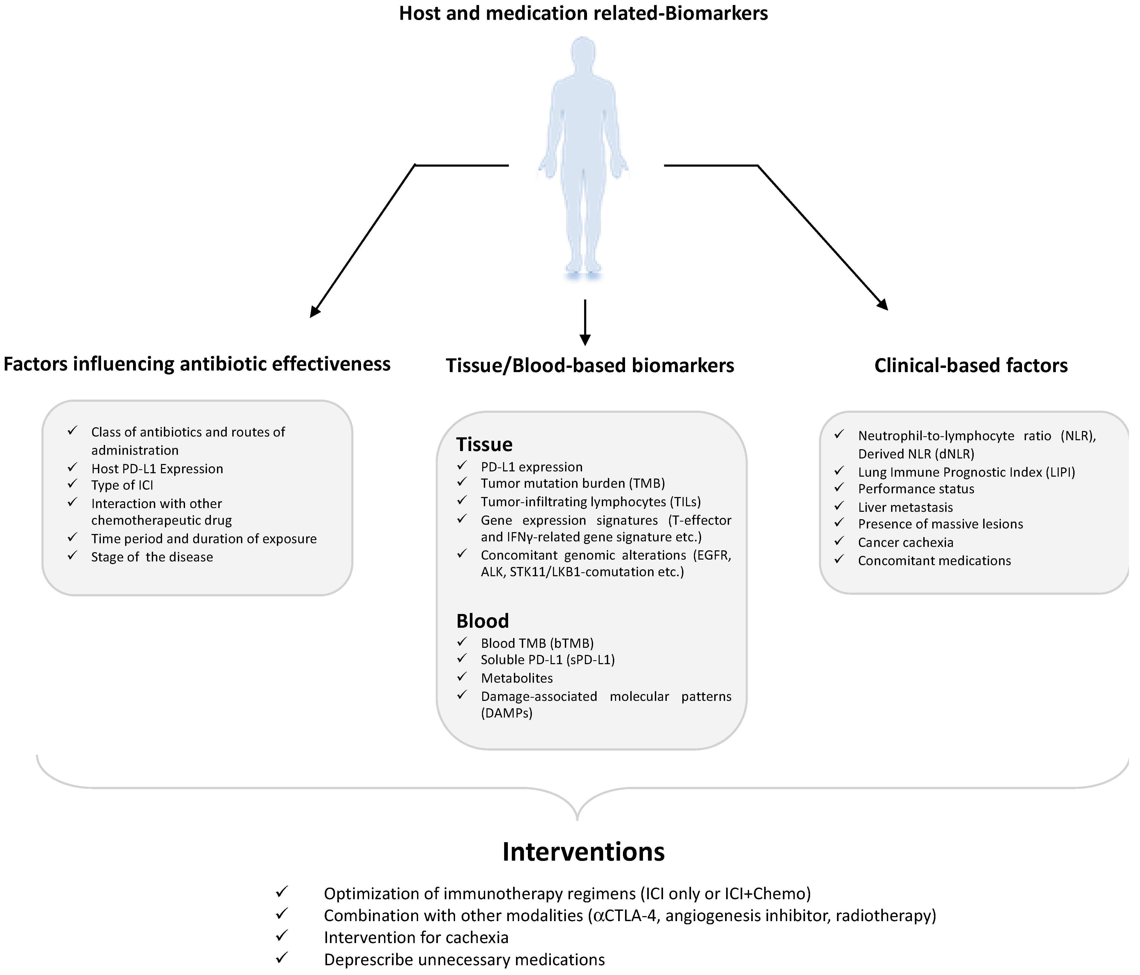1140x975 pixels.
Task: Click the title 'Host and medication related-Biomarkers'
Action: (x=583, y=13)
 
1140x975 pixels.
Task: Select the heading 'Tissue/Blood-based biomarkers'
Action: (x=590, y=365)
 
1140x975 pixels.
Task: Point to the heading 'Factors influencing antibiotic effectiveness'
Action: (x=197, y=364)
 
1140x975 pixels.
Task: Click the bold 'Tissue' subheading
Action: (x=484, y=444)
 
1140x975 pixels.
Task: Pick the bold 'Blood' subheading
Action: (x=483, y=621)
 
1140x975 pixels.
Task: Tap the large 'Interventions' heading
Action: (x=583, y=852)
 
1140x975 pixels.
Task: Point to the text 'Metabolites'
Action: (x=517, y=678)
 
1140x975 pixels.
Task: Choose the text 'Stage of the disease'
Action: (x=152, y=557)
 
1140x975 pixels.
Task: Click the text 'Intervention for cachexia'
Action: (x=416, y=937)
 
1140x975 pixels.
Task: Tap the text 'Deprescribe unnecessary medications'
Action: (x=464, y=960)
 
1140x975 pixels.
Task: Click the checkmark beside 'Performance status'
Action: (x=839, y=488)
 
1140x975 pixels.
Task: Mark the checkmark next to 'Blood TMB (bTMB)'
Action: (x=462, y=642)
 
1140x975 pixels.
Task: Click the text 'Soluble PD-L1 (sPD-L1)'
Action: (x=547, y=659)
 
